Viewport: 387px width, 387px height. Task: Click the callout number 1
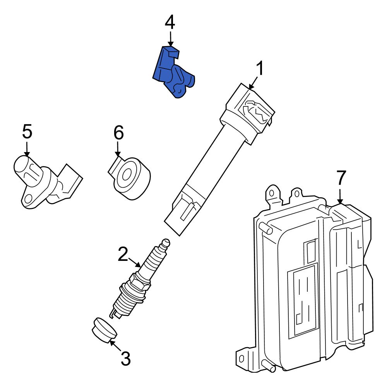(260, 69)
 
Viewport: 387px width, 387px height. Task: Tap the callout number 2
(123, 255)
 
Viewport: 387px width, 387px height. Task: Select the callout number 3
(125, 359)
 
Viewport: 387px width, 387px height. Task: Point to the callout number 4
(170, 22)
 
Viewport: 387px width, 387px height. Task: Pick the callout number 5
(27, 132)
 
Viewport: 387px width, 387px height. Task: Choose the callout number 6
(118, 133)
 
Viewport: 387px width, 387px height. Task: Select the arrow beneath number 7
(340, 195)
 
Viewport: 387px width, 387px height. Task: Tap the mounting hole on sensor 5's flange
(27, 199)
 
